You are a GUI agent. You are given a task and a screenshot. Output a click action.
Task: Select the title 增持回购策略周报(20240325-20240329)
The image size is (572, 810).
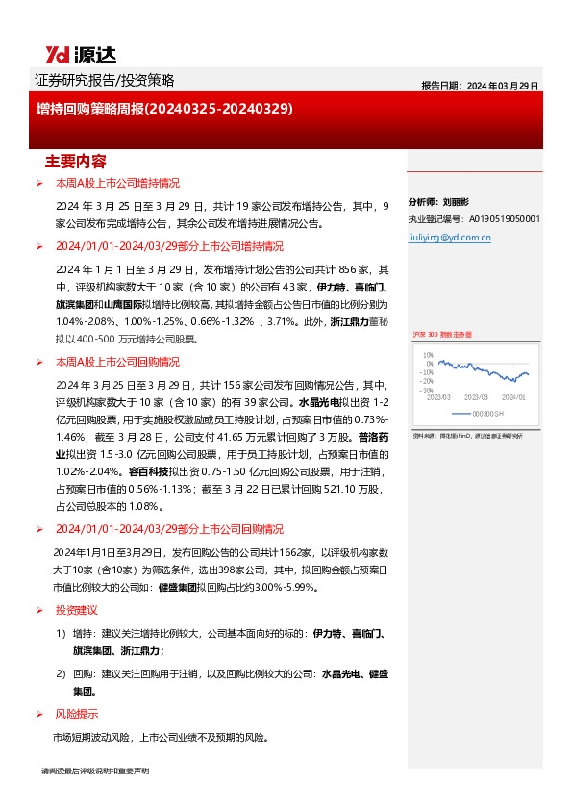tap(164, 110)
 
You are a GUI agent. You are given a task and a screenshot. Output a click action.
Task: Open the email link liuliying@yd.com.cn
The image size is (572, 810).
tap(449, 236)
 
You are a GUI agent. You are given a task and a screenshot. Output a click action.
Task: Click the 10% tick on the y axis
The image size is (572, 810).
tap(430, 355)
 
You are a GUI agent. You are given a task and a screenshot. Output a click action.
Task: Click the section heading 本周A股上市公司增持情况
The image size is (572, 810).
tap(117, 183)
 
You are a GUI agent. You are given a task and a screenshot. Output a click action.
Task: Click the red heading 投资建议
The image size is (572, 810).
tap(76, 610)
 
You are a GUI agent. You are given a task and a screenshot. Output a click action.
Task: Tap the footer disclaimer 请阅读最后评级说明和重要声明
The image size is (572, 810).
tap(95, 772)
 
